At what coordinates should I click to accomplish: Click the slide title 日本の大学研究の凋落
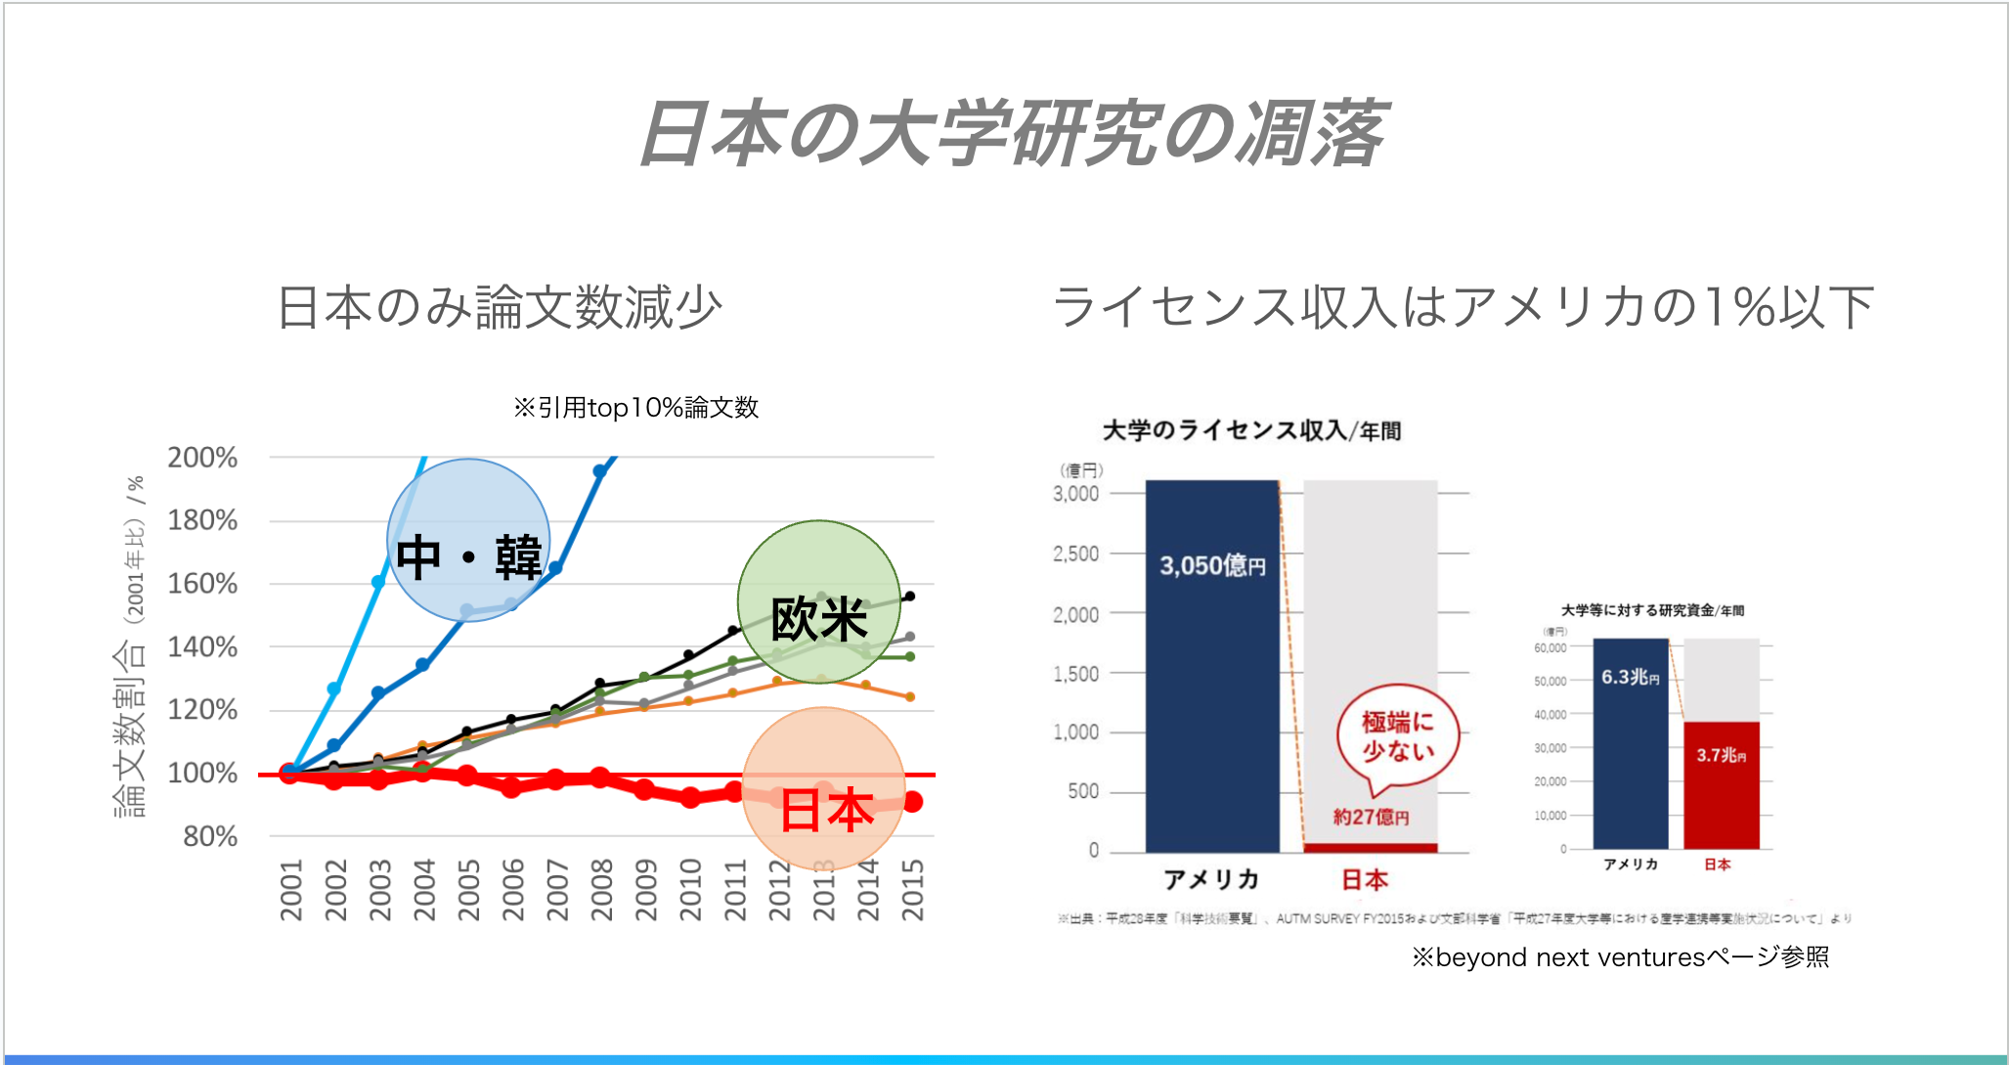pos(1012,133)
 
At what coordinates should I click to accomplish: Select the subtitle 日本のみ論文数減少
pos(500,308)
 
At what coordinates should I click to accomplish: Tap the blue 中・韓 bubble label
pos(468,557)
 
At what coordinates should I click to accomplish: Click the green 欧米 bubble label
pos(819,618)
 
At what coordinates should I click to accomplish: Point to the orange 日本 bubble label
pos(826,811)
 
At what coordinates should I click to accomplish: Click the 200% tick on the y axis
pos(202,458)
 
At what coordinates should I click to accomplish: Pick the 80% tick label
pos(210,837)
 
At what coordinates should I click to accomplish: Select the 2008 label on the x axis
pos(601,890)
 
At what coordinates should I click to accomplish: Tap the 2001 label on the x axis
pos(291,890)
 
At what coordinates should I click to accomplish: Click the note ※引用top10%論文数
pos(636,408)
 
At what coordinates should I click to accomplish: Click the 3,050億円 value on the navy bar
pos(1212,565)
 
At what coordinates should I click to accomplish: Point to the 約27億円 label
pos(1371,817)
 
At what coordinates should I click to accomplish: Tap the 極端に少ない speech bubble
pos(1398,736)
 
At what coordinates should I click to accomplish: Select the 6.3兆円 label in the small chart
pos(1630,677)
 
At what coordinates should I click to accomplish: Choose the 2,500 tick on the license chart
pos(1075,555)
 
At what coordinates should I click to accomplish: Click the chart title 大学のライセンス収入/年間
pos(1251,431)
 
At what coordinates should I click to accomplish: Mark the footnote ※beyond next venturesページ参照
pos(1620,956)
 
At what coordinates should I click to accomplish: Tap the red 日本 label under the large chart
pos(1364,880)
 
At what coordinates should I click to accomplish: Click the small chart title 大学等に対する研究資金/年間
pos(1652,610)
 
